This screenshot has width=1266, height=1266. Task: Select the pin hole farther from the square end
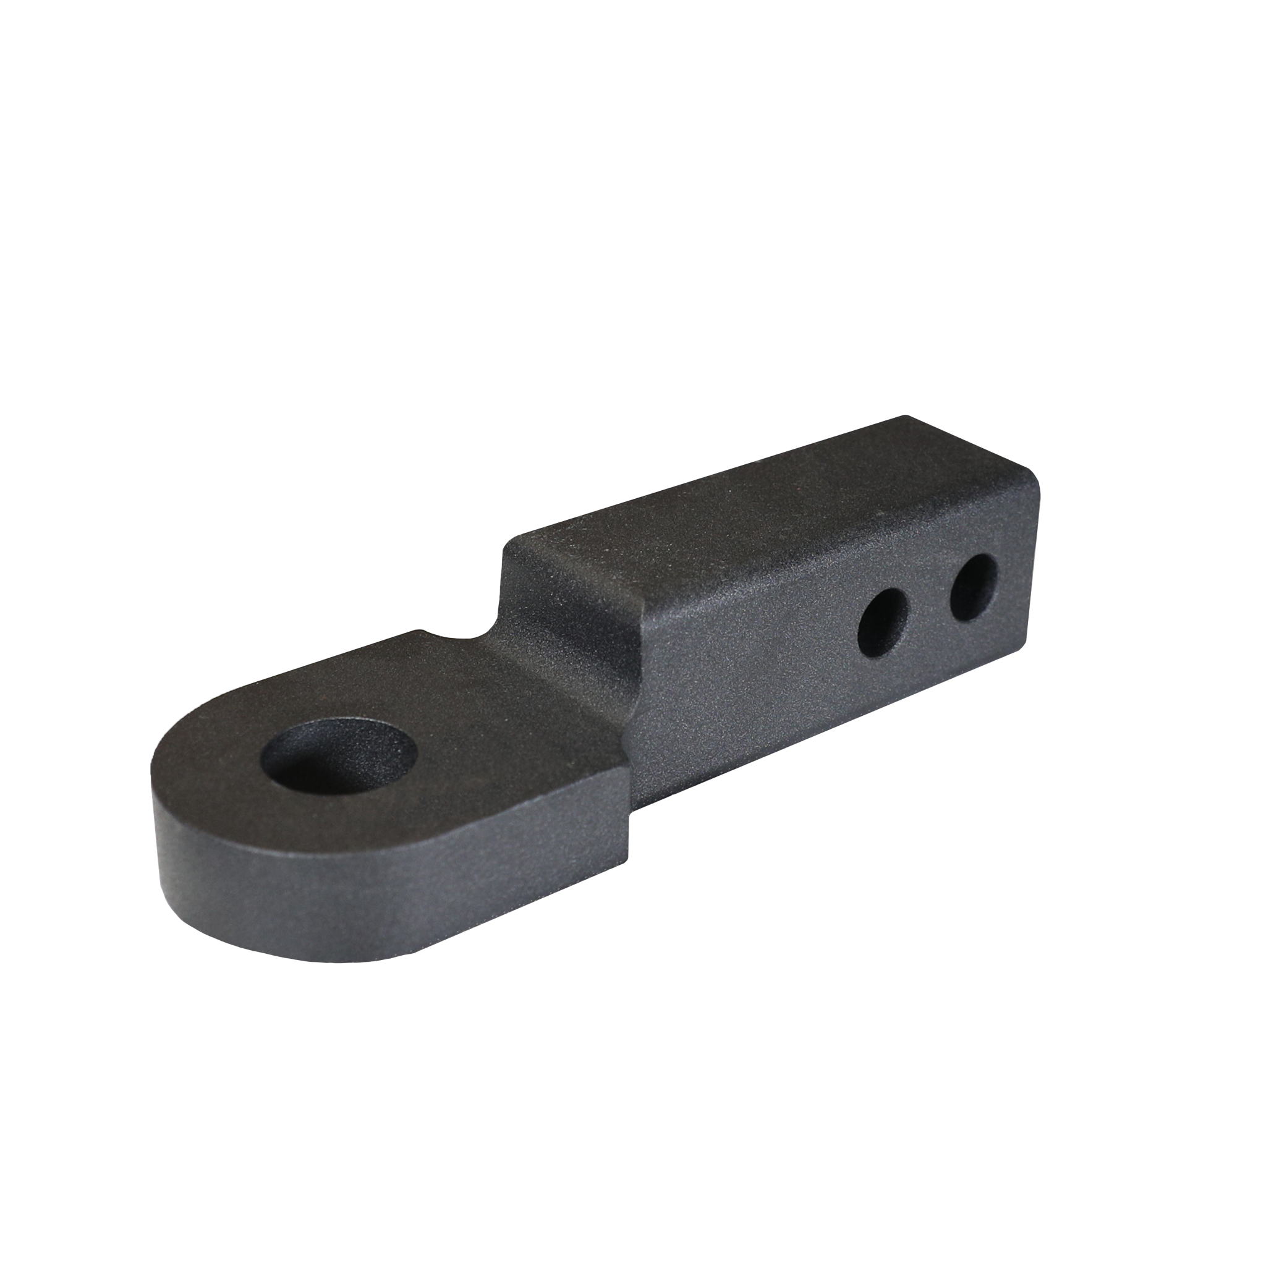(x=883, y=623)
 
